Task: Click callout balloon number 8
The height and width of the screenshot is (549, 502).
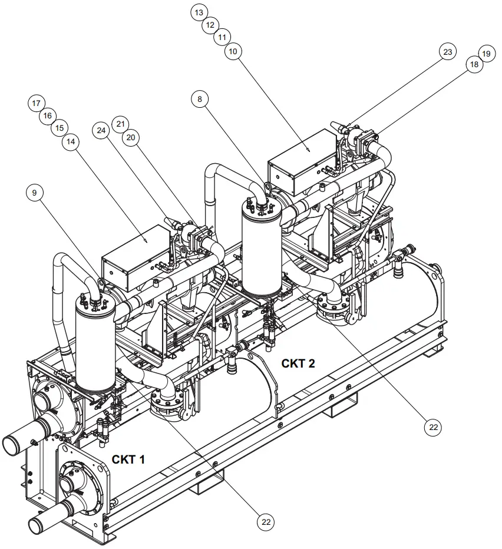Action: pyautogui.click(x=200, y=100)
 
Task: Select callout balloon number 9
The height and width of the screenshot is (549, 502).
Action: pyautogui.click(x=35, y=193)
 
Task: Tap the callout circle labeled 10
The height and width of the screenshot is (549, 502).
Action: pyautogui.click(x=233, y=52)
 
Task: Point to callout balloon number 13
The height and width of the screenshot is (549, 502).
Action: pyautogui.click(x=200, y=12)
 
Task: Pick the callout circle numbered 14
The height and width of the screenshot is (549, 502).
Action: pyautogui.click(x=71, y=141)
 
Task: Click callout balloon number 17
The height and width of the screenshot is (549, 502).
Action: pyautogui.click(x=37, y=103)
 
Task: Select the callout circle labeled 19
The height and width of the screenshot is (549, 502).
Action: pyautogui.click(x=486, y=54)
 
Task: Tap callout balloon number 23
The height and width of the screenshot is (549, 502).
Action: pyautogui.click(x=447, y=52)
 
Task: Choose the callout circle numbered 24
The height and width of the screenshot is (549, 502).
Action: pyautogui.click(x=101, y=130)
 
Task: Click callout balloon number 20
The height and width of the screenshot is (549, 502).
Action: pyautogui.click(x=131, y=137)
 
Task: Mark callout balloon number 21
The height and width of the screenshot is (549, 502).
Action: pyautogui.click(x=120, y=124)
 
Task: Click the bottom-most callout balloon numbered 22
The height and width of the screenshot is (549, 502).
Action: pyautogui.click(x=266, y=521)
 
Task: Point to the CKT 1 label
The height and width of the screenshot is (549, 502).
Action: pyautogui.click(x=128, y=459)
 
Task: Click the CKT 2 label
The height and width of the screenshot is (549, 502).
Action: pyautogui.click(x=298, y=363)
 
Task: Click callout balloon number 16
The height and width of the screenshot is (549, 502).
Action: pyautogui.click(x=48, y=115)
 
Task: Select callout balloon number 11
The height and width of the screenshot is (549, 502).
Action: pyautogui.click(x=222, y=37)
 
